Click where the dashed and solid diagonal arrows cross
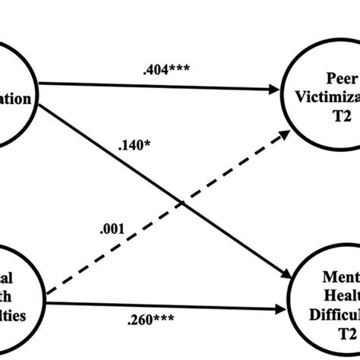[180, 200]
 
